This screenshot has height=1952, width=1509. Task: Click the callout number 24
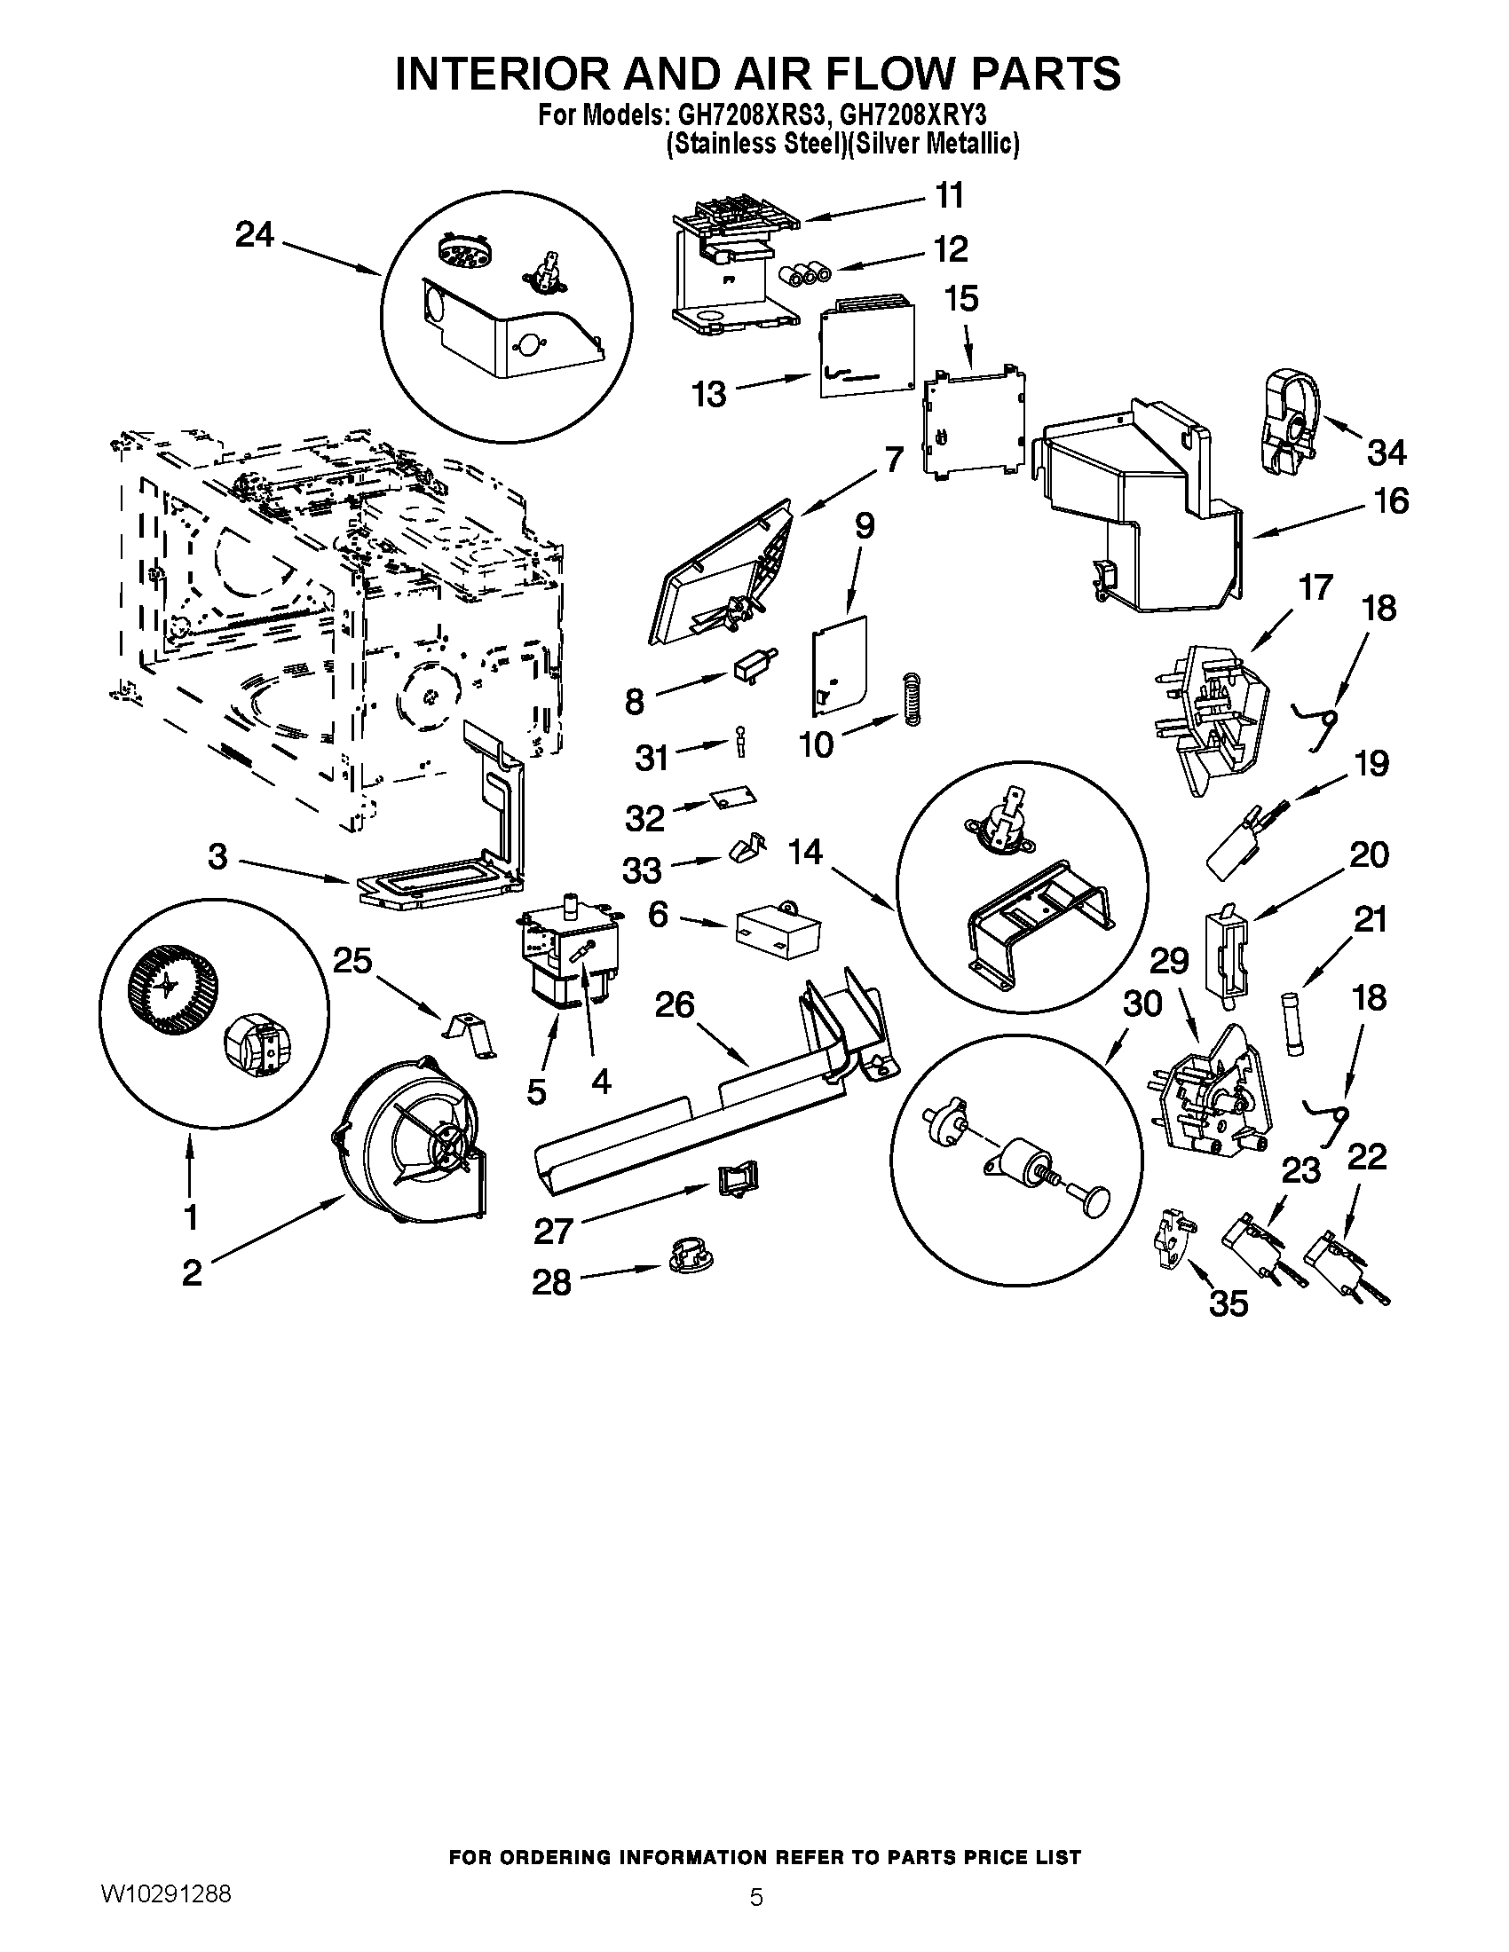(x=254, y=235)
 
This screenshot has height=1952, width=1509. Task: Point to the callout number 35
(x=1229, y=1304)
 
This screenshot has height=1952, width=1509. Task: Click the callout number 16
(x=1391, y=500)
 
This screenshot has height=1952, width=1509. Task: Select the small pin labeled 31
(x=741, y=741)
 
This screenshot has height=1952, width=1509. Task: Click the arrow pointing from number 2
(x=277, y=1231)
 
